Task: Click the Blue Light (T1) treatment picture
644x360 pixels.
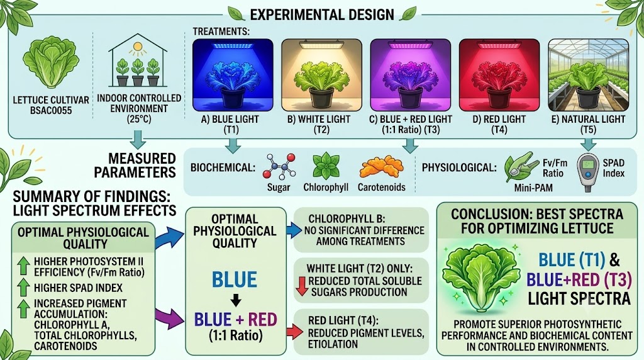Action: click(x=233, y=75)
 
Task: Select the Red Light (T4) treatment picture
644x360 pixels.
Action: click(x=499, y=75)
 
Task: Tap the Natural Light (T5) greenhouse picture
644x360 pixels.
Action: click(x=588, y=75)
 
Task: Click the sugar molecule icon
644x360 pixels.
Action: click(x=279, y=166)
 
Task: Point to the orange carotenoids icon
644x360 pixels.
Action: click(x=381, y=167)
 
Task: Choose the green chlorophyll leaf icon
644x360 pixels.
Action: click(x=326, y=166)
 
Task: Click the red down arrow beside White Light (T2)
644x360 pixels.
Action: click(x=303, y=286)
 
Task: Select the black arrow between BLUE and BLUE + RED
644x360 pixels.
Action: click(x=235, y=301)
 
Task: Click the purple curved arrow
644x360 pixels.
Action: click(x=169, y=317)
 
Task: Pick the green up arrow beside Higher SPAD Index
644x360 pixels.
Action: click(x=24, y=286)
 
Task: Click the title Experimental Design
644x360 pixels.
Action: click(x=322, y=15)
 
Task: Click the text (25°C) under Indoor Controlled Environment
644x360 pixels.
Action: click(x=139, y=120)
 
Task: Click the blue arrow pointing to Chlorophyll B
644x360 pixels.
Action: click(x=294, y=230)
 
